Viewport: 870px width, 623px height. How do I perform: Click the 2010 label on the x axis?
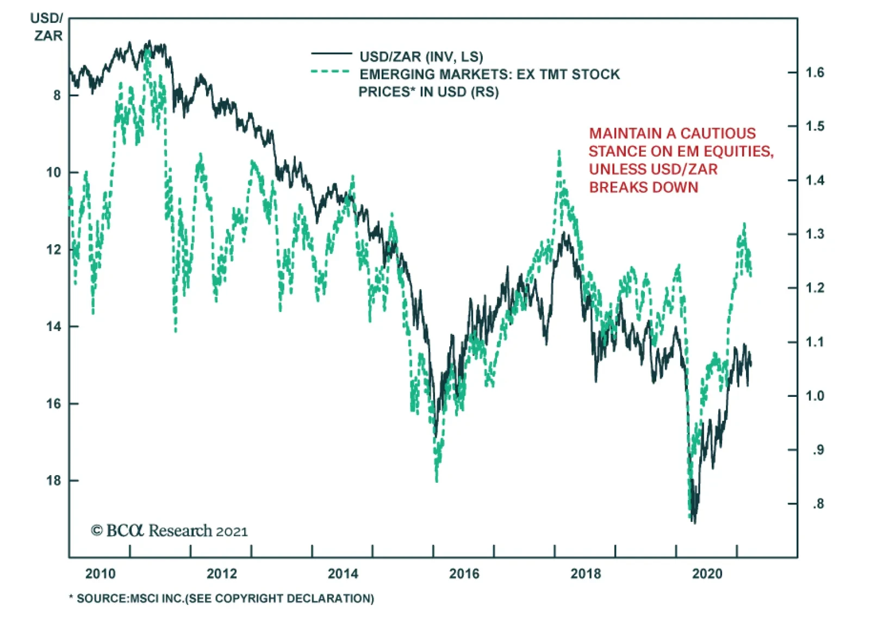coord(100,574)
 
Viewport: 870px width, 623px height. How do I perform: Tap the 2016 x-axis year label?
coord(464,574)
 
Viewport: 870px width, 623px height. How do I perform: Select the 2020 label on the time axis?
coord(706,574)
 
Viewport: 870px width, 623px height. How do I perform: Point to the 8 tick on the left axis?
coord(57,96)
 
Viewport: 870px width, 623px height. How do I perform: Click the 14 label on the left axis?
coord(54,327)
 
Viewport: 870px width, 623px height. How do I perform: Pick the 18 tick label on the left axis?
coord(54,481)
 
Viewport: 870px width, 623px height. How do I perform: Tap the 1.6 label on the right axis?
coord(815,72)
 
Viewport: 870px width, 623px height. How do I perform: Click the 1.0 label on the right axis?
coord(815,396)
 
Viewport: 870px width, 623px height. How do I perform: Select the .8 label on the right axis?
coord(818,504)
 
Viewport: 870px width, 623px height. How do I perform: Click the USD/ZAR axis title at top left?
coord(47,27)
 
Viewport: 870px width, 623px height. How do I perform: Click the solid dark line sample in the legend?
coord(331,54)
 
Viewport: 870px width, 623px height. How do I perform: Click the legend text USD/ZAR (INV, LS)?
coord(421,57)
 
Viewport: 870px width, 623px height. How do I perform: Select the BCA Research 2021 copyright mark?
coord(169,531)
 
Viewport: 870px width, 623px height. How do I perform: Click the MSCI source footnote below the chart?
coord(222,599)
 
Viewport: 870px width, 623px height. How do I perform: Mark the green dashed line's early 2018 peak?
coord(559,152)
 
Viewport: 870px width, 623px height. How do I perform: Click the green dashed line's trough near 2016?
coord(436,481)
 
